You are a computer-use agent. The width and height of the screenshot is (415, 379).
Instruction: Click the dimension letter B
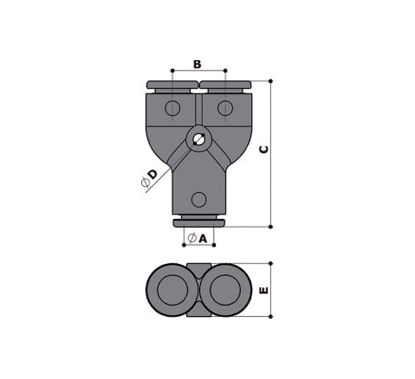(197, 64)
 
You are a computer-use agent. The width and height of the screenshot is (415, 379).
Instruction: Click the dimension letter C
(264, 149)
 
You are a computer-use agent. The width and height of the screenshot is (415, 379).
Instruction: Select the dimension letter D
(152, 175)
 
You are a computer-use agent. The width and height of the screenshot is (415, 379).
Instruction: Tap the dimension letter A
(202, 239)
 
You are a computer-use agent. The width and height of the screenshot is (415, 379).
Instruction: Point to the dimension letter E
(264, 290)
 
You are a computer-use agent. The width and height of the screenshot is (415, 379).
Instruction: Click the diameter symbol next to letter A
(192, 238)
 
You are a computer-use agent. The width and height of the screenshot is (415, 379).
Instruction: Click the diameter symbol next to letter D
(145, 183)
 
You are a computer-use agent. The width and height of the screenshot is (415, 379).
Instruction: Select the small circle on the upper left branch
(172, 108)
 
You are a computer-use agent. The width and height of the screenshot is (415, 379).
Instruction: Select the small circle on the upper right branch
(225, 108)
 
